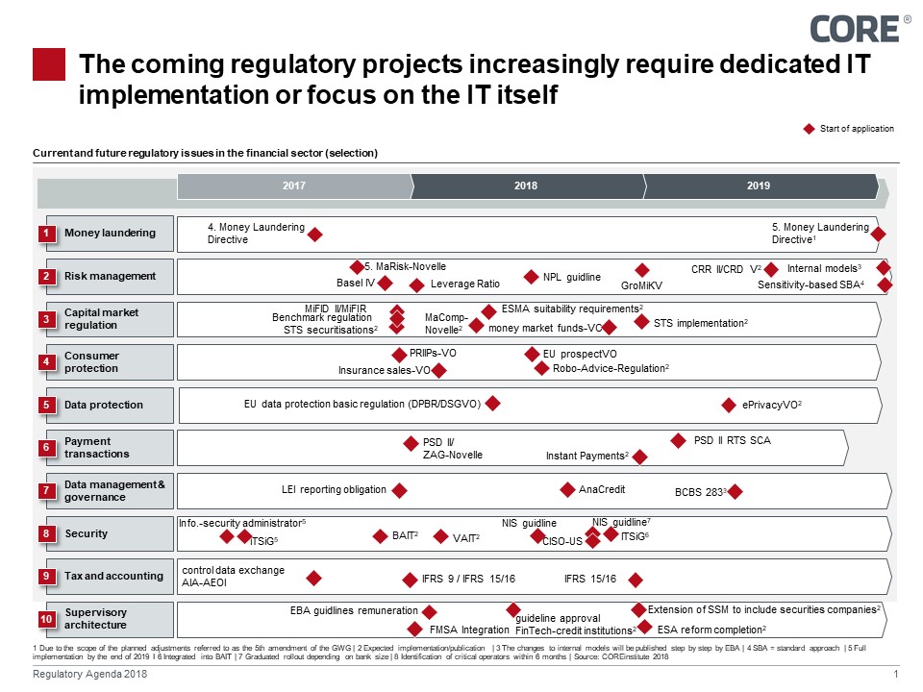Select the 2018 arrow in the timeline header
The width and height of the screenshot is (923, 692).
click(x=526, y=185)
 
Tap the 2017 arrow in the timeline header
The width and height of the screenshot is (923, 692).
click(x=294, y=185)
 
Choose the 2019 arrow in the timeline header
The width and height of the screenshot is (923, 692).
click(x=759, y=185)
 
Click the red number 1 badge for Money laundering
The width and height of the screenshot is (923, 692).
click(x=46, y=233)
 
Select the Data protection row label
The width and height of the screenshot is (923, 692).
click(x=103, y=405)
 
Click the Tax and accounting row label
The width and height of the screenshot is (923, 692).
click(x=112, y=576)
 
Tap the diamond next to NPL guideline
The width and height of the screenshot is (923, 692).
click(x=531, y=277)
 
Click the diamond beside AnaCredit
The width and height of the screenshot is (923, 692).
click(x=568, y=489)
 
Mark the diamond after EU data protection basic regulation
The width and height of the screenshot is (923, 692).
click(x=492, y=404)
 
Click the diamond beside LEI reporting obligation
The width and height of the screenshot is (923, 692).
click(x=400, y=490)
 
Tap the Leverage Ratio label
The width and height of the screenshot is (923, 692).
click(x=465, y=284)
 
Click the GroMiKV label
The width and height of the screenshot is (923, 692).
click(x=642, y=285)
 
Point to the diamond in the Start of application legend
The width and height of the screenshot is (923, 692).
click(x=809, y=129)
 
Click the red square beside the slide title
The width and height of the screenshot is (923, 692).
click(x=49, y=64)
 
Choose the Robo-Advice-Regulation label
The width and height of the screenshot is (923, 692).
click(x=611, y=367)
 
